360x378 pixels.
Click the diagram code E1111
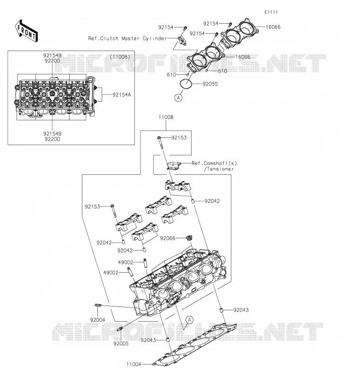click(271, 12)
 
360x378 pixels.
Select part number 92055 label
click(210, 84)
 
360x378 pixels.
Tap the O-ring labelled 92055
click(186, 84)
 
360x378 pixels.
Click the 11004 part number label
click(134, 364)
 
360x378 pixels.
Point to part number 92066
click(167, 238)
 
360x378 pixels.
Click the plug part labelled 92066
click(190, 238)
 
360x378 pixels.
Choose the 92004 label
click(97, 320)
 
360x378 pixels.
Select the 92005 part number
click(121, 343)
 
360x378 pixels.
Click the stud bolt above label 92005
click(120, 329)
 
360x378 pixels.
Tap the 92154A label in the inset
click(122, 95)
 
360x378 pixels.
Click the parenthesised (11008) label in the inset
click(120, 57)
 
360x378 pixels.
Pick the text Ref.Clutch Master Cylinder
click(127, 38)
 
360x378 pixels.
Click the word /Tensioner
click(219, 169)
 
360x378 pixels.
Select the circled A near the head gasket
click(190, 320)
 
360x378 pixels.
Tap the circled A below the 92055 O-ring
click(178, 98)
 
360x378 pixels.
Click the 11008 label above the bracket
click(166, 117)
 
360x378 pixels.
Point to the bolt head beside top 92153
click(159, 138)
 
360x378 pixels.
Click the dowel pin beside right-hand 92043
click(220, 310)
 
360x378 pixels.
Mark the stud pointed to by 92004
click(98, 306)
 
